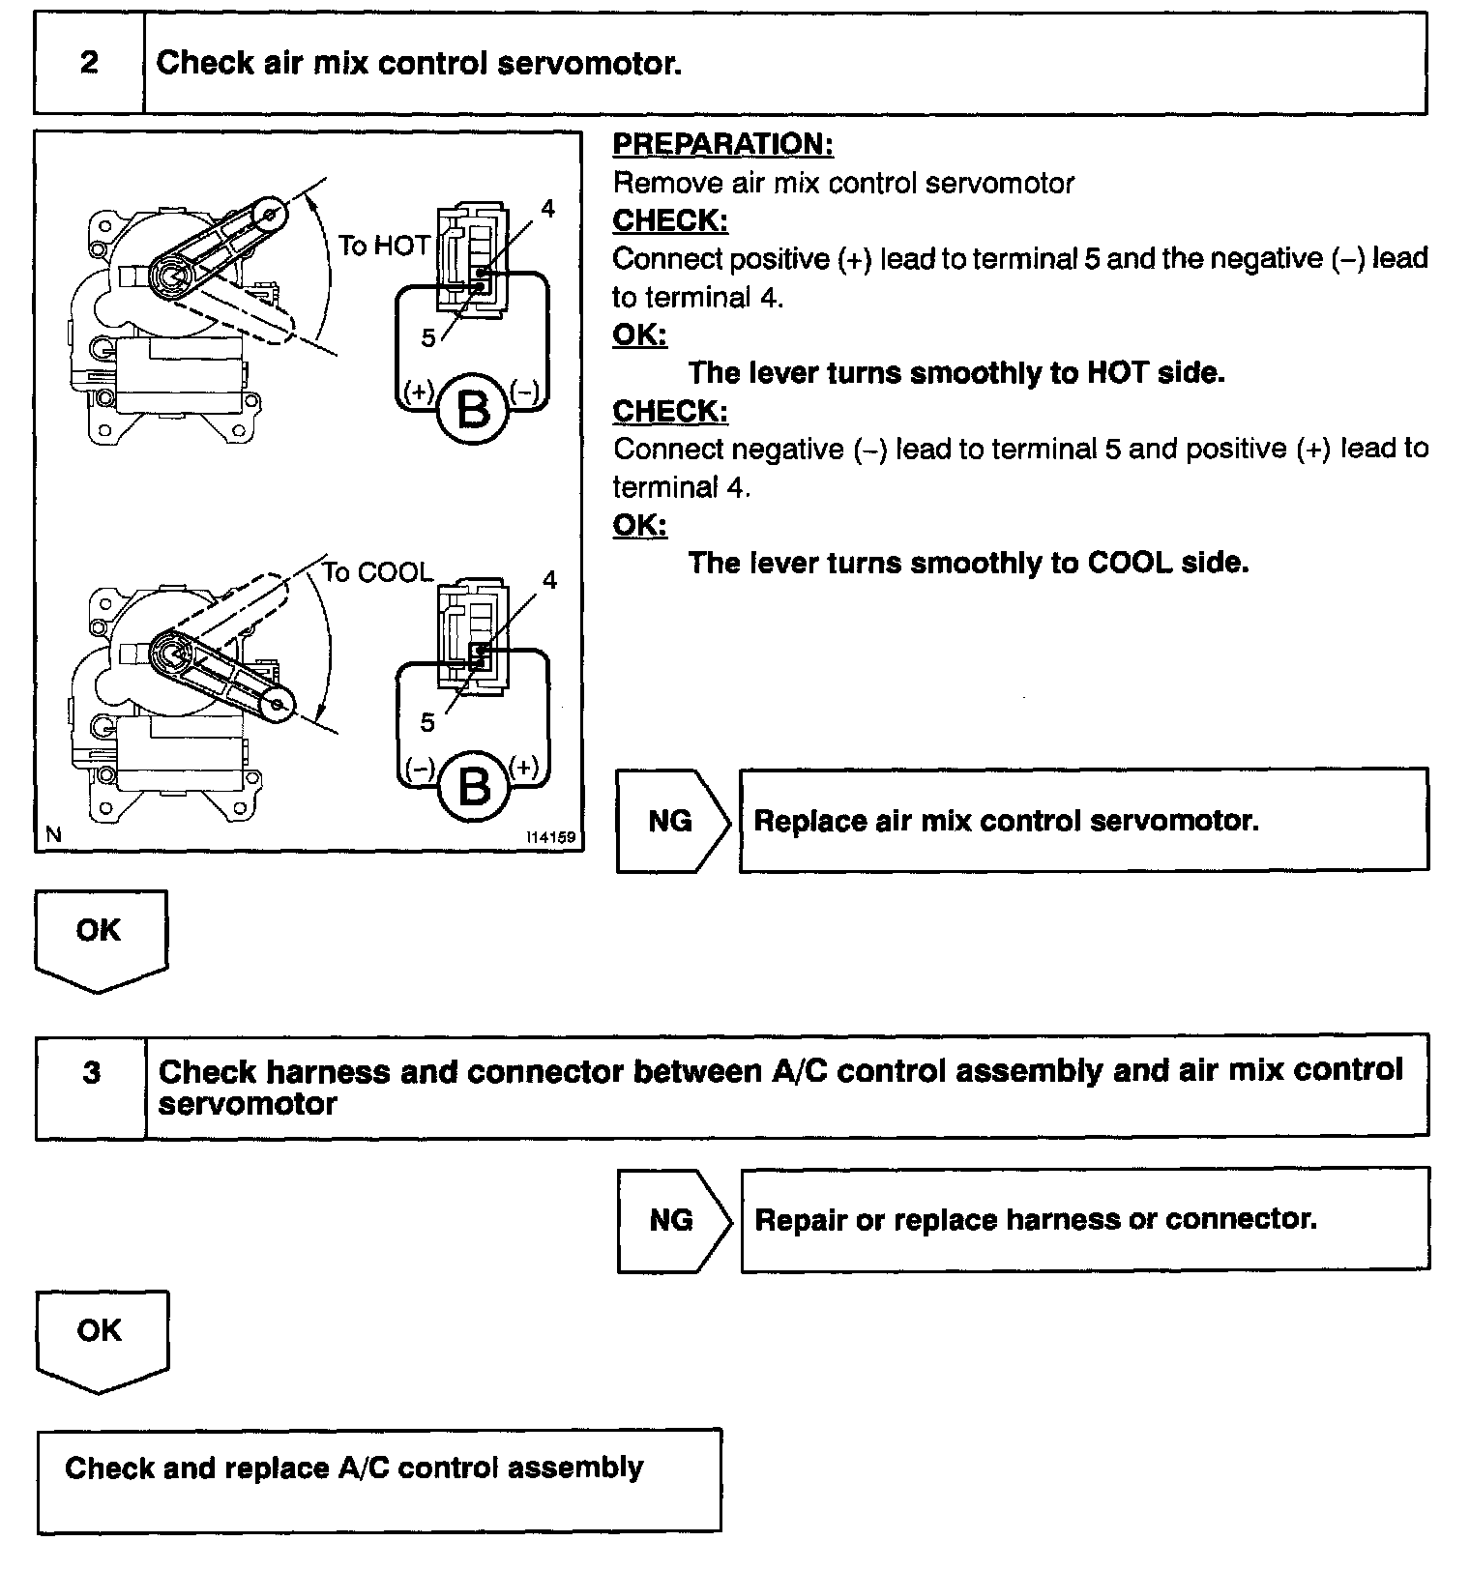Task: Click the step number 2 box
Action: coord(89,64)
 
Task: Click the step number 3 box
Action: coord(91,1073)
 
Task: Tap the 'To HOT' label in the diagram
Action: coord(383,246)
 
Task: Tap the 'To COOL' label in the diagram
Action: coord(376,572)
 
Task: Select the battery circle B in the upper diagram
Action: coord(473,410)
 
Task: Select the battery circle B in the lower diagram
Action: coord(473,785)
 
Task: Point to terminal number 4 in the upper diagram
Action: coord(547,208)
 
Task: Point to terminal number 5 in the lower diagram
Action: coord(427,722)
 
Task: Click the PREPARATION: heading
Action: coord(722,145)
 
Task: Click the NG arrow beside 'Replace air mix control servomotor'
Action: coord(671,821)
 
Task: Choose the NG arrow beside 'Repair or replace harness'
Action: coord(672,1219)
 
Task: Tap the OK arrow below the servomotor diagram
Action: coord(100,938)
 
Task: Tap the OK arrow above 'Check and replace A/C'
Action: coord(101,1338)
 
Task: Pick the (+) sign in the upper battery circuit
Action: coord(419,391)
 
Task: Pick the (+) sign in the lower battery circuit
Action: coord(523,768)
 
